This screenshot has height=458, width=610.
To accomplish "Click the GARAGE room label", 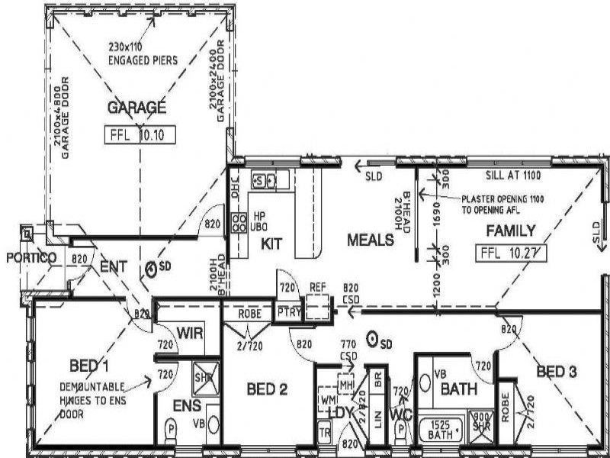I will coord(136,107).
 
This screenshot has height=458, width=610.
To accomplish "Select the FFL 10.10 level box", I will coord(140,136).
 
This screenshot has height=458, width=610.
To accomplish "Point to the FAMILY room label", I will coord(510,231).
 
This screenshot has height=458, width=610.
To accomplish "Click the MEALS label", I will coord(371,240).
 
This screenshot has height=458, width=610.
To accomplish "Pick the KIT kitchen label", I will coord(273,244).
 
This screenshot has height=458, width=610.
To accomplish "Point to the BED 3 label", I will coord(557,373).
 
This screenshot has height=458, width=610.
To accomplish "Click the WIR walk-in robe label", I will coord(189,332).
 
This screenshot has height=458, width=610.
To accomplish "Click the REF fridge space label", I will coord(318,287).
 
